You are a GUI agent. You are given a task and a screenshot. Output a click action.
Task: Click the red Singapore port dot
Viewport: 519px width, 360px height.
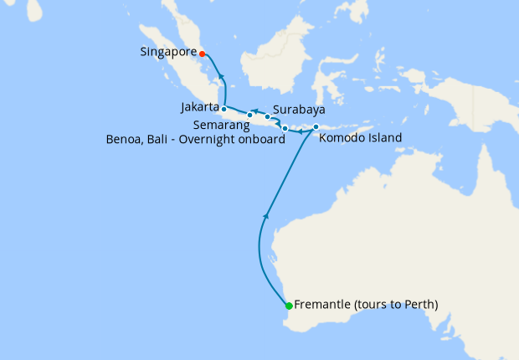click(203, 54)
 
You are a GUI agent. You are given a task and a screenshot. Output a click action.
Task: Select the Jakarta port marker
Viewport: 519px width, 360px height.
click(224, 109)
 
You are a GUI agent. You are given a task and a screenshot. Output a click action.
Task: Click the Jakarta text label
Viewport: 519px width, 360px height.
click(200, 108)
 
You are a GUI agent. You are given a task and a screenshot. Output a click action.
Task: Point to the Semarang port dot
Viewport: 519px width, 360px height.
click(249, 116)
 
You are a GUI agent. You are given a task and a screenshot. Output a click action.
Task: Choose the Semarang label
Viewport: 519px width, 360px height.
click(223, 125)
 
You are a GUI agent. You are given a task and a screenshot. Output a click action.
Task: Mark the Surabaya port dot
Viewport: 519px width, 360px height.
click(268, 117)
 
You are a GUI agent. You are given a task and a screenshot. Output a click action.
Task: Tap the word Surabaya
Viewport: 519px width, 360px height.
click(299, 110)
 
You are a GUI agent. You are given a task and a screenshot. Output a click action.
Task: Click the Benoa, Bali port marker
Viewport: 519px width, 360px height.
click(285, 128)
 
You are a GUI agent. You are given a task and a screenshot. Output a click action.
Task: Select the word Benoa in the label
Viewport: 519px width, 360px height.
click(125, 140)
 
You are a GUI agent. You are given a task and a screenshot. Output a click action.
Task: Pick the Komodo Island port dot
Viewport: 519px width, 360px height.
click(316, 127)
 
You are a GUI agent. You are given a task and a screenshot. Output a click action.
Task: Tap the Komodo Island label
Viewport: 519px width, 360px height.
click(361, 138)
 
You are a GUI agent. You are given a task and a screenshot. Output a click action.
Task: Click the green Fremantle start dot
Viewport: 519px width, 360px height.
click(289, 306)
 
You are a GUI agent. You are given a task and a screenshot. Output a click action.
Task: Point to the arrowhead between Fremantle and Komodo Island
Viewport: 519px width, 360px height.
click(266, 216)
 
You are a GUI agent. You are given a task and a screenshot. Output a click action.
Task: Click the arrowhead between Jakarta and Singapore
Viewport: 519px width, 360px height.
click(221, 77)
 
